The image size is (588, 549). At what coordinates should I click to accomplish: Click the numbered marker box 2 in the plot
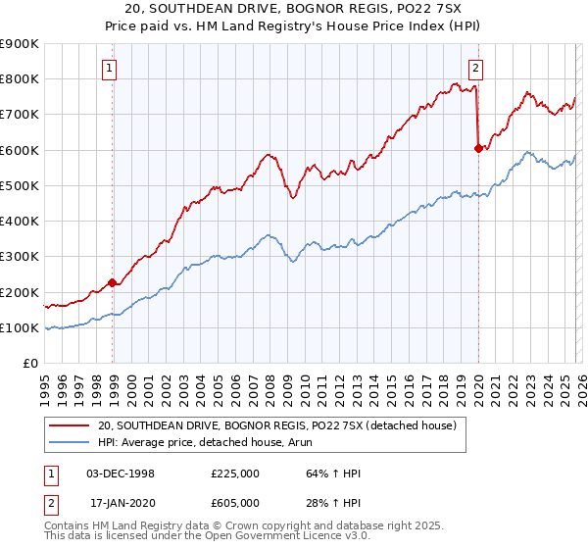click(475, 69)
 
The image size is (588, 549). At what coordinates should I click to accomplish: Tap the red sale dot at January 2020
click(478, 148)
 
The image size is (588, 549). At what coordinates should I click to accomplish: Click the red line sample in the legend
click(71, 426)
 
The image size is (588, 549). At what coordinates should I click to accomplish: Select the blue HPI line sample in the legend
click(71, 444)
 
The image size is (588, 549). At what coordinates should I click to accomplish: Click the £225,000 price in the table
click(236, 474)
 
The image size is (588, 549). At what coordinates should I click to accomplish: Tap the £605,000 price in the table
click(236, 504)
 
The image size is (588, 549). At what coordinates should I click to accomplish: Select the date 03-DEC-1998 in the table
click(121, 474)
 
